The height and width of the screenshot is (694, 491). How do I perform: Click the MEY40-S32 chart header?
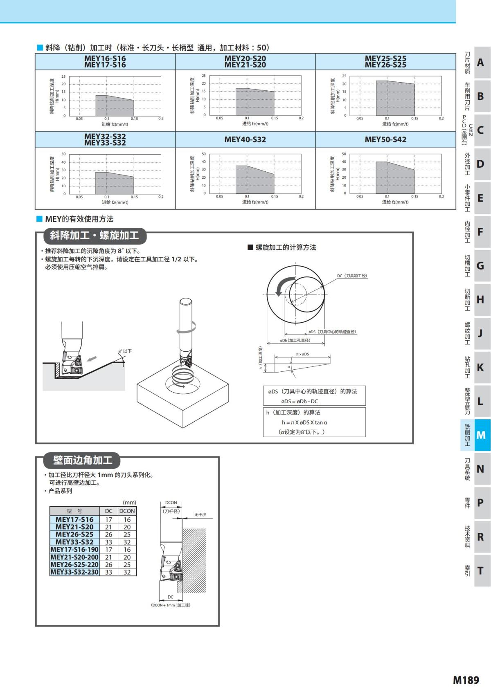coord(245,139)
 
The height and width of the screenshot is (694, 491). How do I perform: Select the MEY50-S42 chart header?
coord(385,139)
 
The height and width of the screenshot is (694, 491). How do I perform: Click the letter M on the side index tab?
coord(481,435)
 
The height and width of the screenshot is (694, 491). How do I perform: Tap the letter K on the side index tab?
coord(481,367)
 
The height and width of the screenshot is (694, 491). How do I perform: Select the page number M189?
coord(466,680)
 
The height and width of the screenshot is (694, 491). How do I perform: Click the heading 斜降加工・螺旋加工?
coord(95,236)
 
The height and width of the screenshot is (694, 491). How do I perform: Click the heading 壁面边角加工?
coord(83,460)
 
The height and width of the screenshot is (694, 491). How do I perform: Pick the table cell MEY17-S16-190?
coord(74,550)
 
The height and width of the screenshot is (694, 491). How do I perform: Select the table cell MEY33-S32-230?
coord(74,572)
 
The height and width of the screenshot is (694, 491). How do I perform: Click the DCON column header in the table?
coord(127,511)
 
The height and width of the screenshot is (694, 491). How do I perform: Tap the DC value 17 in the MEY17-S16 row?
coord(108,519)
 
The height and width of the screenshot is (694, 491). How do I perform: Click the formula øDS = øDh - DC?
coord(300,401)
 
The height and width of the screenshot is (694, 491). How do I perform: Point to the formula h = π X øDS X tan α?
coord(304,422)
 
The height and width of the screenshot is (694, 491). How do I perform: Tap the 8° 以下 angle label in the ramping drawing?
coord(125,351)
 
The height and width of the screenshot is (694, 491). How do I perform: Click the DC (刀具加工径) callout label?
coord(352,276)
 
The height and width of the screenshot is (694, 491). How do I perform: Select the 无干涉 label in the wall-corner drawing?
coord(200,514)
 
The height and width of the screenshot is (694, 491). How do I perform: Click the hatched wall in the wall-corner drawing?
coord(194,560)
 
